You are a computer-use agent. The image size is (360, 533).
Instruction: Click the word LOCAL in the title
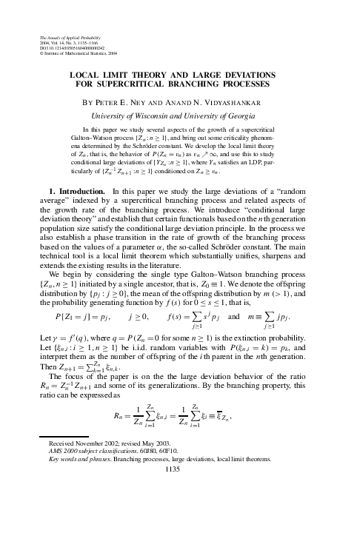[x=85, y=75]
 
